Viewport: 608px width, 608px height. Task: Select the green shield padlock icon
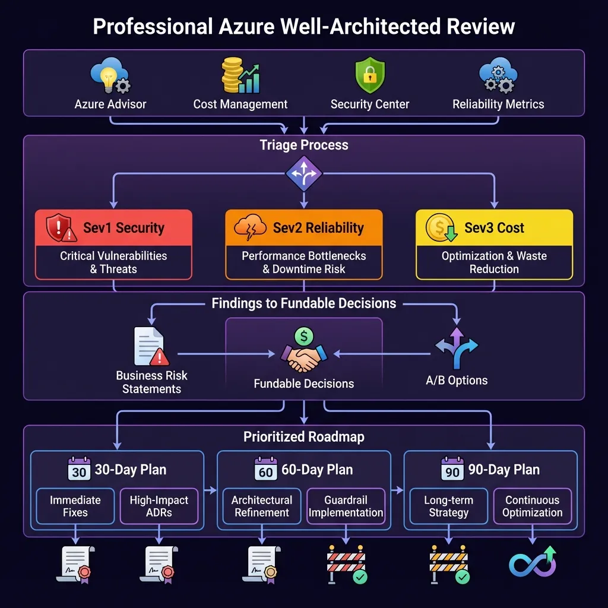[369, 75]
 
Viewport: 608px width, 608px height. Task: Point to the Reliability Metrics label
[498, 104]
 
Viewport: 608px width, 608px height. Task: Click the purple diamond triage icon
[304, 173]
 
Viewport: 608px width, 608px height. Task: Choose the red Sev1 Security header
[113, 228]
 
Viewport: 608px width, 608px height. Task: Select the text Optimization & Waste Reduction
[494, 262]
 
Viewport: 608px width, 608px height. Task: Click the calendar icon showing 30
[79, 470]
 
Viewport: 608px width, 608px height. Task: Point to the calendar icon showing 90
[452, 470]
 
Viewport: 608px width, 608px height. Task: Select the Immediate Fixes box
[75, 506]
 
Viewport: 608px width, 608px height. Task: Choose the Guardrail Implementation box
[346, 506]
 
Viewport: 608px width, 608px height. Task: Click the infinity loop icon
[533, 563]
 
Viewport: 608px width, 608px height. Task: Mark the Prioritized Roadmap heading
[304, 437]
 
